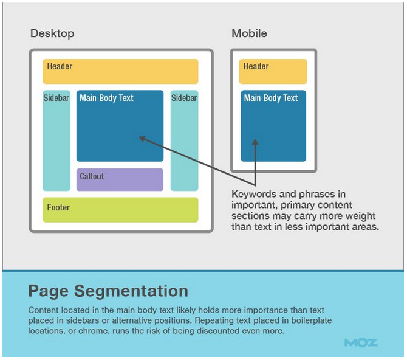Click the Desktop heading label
[52, 33]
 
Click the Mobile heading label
[249, 33]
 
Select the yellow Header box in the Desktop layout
[120, 71]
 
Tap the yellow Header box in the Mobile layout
[273, 71]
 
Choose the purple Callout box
[120, 179]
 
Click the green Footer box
[120, 210]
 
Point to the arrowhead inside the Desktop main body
[143, 139]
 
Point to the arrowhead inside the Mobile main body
[256, 142]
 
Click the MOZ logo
[360, 342]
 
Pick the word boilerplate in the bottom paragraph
[309, 320]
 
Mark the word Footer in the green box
[58, 208]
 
